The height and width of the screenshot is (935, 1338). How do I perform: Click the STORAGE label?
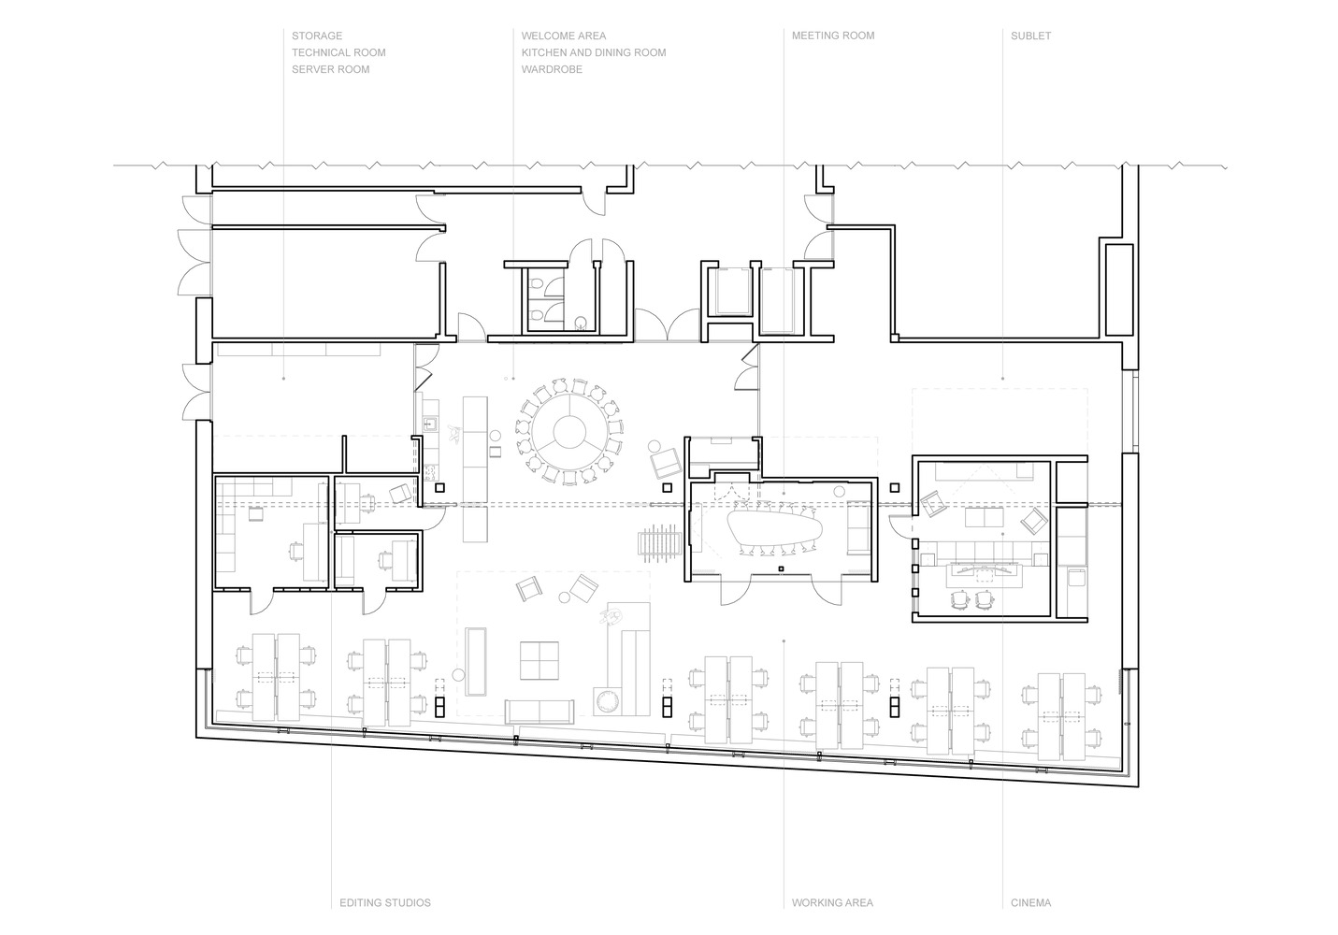tap(317, 36)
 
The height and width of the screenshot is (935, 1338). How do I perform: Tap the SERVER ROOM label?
tap(330, 69)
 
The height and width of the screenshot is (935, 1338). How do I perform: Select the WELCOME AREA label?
tap(563, 36)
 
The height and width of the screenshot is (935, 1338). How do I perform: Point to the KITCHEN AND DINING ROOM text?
tap(594, 52)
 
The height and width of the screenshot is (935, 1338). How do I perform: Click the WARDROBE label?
tap(552, 69)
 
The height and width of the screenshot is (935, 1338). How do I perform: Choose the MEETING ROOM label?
tap(833, 36)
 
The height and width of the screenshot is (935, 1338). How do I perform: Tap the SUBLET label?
tap(1030, 36)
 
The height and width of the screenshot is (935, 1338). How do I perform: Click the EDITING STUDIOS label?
tap(384, 902)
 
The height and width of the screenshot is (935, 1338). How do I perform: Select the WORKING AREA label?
tap(832, 902)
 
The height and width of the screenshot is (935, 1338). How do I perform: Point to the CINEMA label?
tap(1030, 902)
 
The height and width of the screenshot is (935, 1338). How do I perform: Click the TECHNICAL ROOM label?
tap(338, 52)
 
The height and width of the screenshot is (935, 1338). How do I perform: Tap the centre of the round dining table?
tap(569, 431)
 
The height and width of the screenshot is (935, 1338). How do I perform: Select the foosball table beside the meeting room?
tap(659, 543)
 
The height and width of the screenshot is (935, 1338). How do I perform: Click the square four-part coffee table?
tap(540, 660)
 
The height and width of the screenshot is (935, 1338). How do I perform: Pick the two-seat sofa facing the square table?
tap(540, 712)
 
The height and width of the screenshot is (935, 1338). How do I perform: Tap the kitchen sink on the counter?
tap(429, 424)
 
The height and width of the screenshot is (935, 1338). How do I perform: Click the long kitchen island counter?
tap(475, 469)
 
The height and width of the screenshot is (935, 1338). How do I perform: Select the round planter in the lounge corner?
tap(609, 701)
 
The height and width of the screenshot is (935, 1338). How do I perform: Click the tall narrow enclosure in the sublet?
tap(1119, 290)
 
